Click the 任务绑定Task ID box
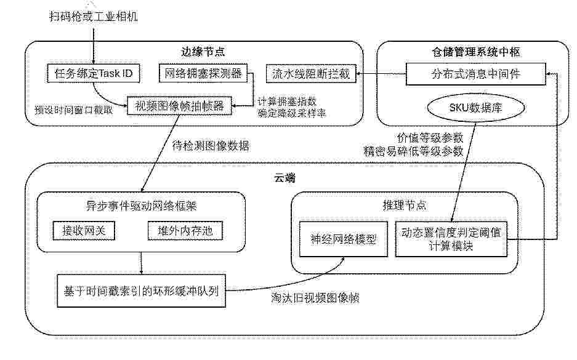tap(94, 74)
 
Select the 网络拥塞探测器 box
tap(203, 73)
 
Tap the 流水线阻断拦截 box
tap(311, 74)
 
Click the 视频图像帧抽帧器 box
tap(180, 106)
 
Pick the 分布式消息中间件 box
tap(476, 74)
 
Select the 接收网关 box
tap(84, 231)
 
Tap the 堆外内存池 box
tap(185, 231)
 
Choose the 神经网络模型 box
tap(344, 239)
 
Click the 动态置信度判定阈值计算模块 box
tap(451, 239)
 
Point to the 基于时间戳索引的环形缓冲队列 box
tap(141, 291)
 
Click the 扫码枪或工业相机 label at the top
tap(94, 17)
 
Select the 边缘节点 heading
tap(203, 52)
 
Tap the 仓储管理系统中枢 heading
tap(476, 52)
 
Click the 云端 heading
tap(285, 178)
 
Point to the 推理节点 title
tap(405, 205)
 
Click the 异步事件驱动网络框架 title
tap(141, 206)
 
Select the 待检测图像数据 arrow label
tap(211, 146)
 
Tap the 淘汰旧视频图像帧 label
tap(315, 297)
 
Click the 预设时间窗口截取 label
tap(74, 110)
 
